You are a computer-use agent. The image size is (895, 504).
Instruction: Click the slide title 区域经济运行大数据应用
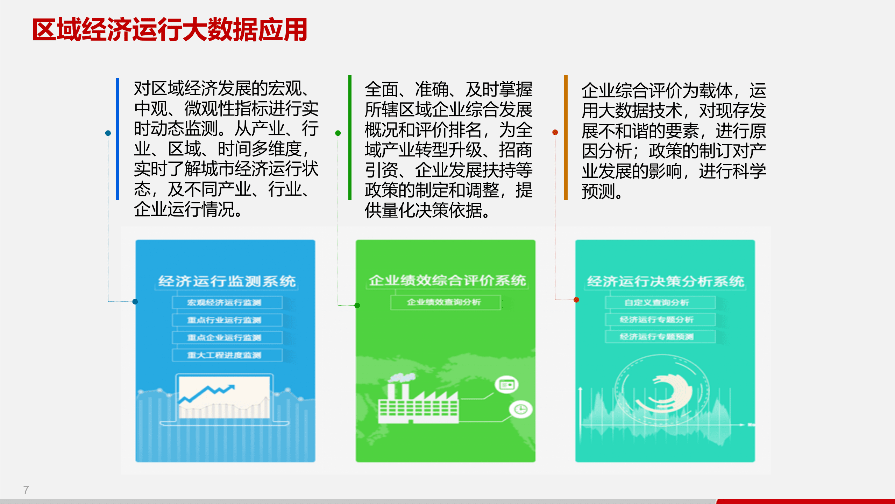coord(170,30)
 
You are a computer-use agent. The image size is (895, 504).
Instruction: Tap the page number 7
coord(26,490)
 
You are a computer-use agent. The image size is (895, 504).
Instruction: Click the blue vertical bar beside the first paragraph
coord(118,139)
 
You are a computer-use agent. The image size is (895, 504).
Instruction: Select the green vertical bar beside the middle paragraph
coord(350,137)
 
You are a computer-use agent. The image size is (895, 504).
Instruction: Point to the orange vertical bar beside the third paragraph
coord(566,137)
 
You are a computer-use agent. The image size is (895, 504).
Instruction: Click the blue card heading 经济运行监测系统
coord(227,281)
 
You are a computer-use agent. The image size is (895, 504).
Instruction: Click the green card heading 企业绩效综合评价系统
coord(447,280)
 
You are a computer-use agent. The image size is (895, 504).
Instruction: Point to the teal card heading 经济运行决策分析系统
coord(665,281)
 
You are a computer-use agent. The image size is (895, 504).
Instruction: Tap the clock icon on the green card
coord(521,409)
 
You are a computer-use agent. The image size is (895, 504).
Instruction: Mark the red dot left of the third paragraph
coord(555,132)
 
